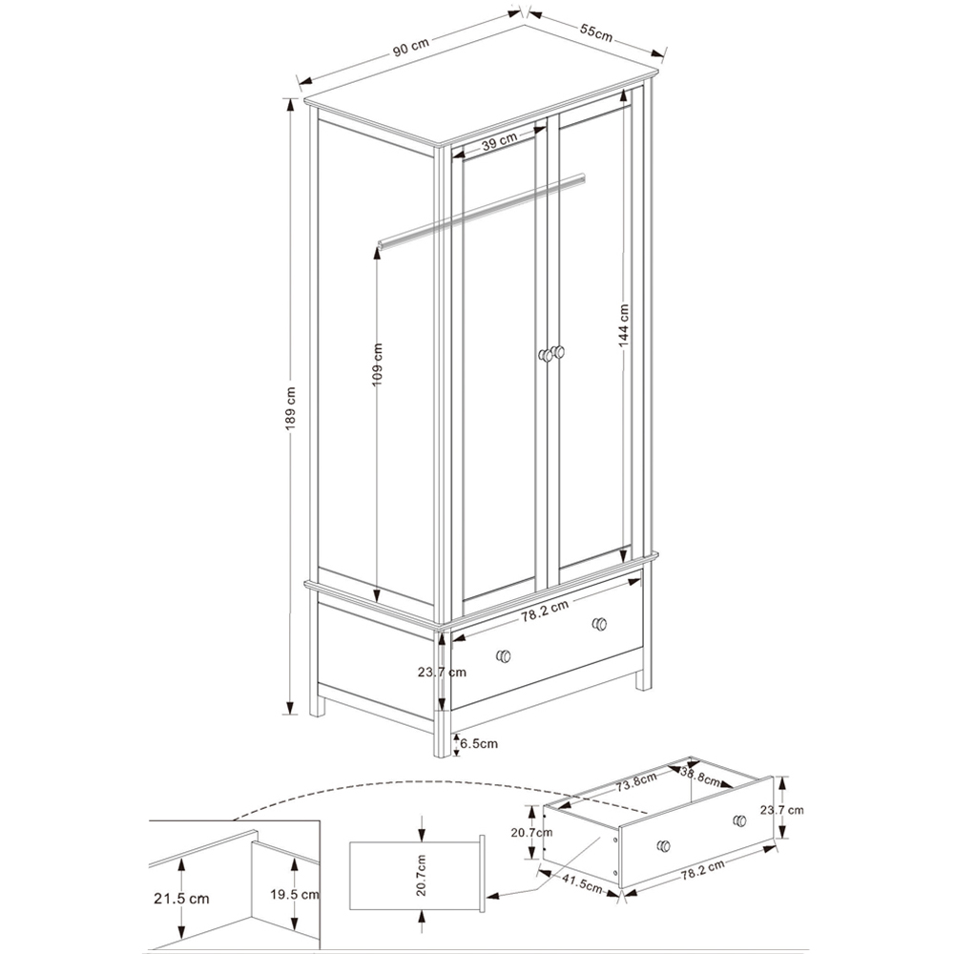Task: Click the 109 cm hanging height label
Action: tap(377, 363)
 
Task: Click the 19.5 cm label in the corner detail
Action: tap(293, 895)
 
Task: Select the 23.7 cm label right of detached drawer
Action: tap(782, 810)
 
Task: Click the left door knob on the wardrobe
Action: tap(545, 355)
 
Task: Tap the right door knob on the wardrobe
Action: tap(558, 353)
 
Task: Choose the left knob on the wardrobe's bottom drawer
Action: tap(504, 656)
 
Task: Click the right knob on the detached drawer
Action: tap(739, 820)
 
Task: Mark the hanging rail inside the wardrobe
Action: tap(477, 210)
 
